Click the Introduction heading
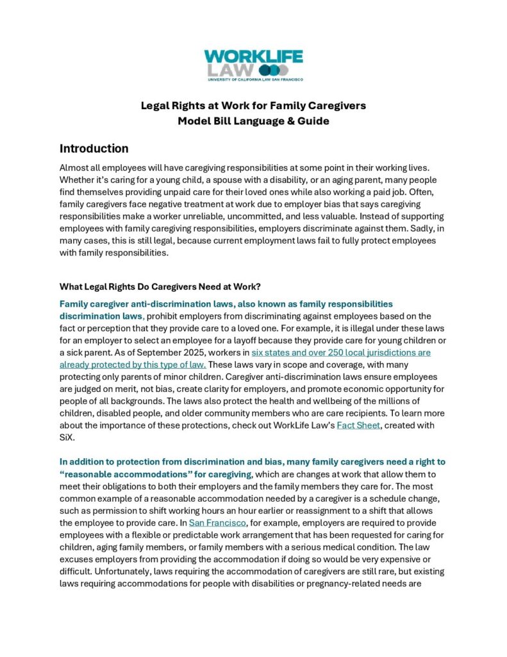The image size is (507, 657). click(x=94, y=149)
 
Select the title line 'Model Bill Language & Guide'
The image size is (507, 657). click(x=254, y=121)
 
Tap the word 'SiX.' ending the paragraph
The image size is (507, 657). click(x=69, y=438)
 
